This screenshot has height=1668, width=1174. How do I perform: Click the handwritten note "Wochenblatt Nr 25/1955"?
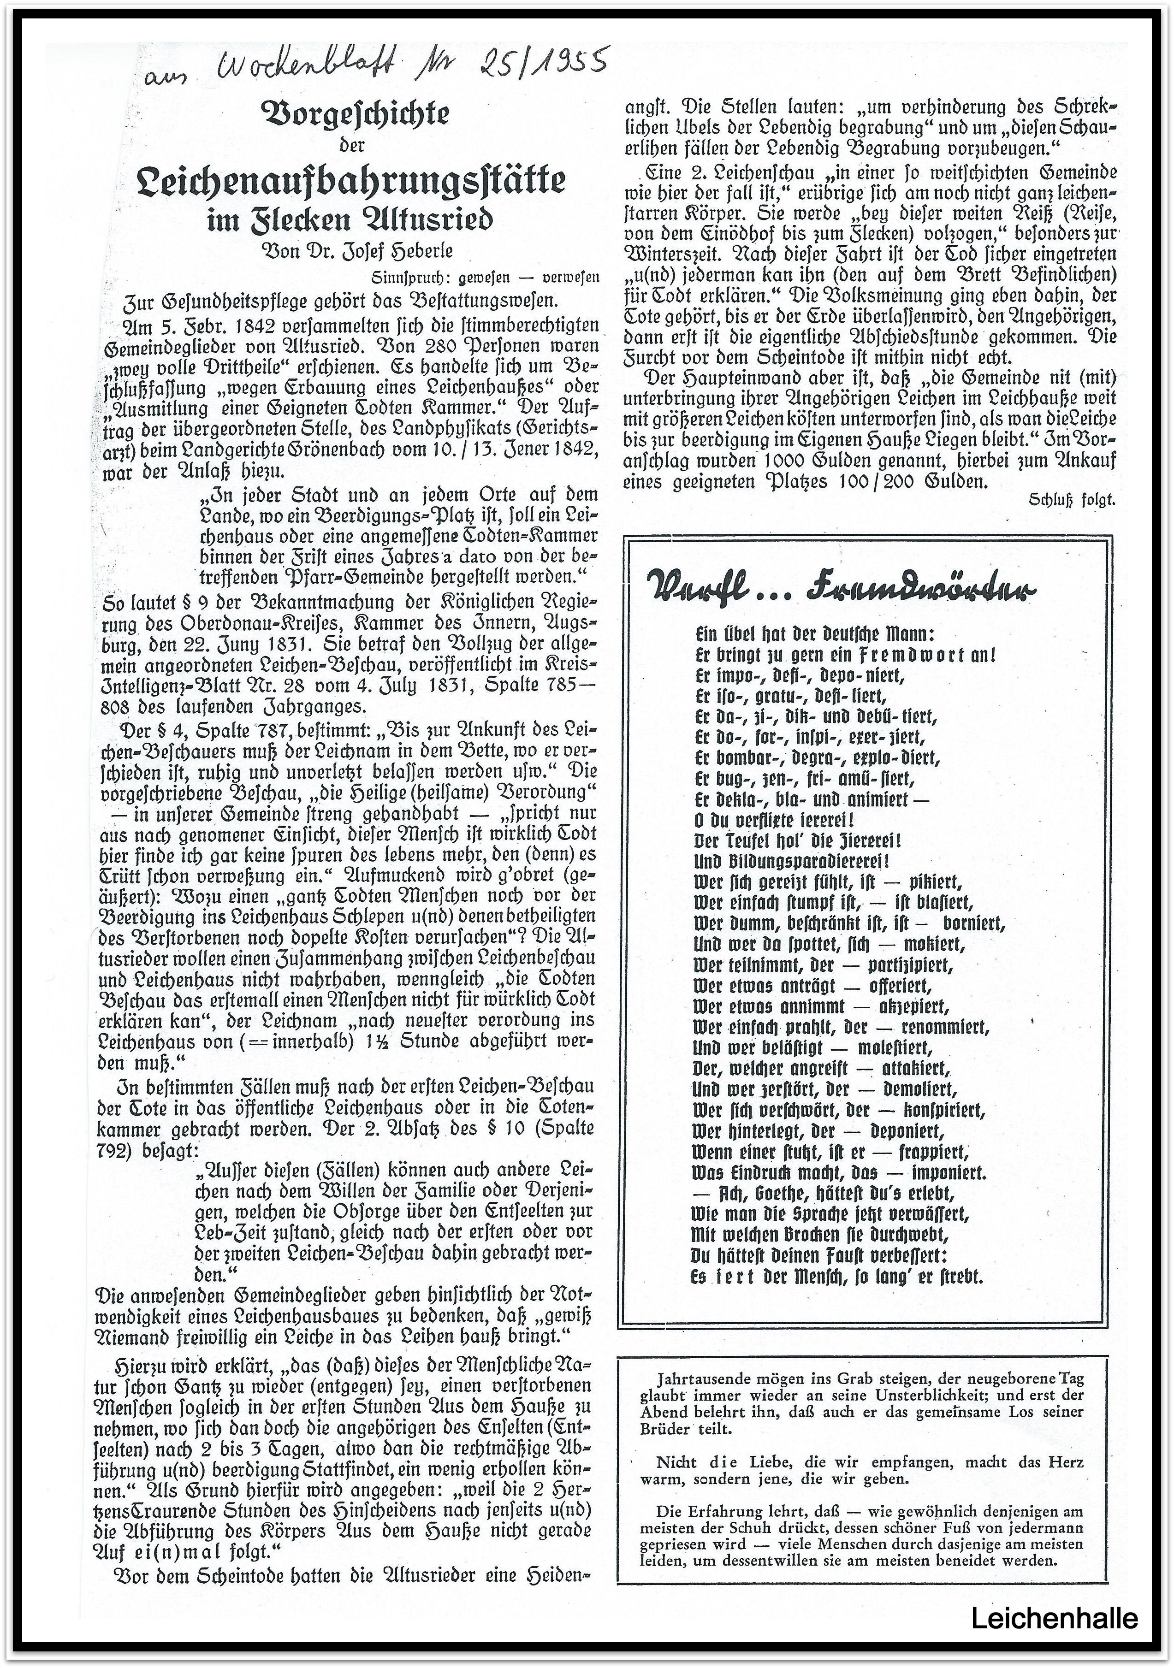[x=378, y=69]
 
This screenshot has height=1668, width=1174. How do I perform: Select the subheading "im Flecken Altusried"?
[x=351, y=220]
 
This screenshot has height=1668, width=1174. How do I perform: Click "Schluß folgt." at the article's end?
[x=1072, y=500]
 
